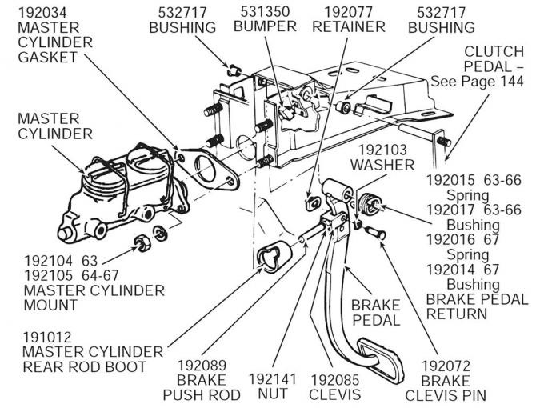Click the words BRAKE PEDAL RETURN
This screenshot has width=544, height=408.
click(x=475, y=306)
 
